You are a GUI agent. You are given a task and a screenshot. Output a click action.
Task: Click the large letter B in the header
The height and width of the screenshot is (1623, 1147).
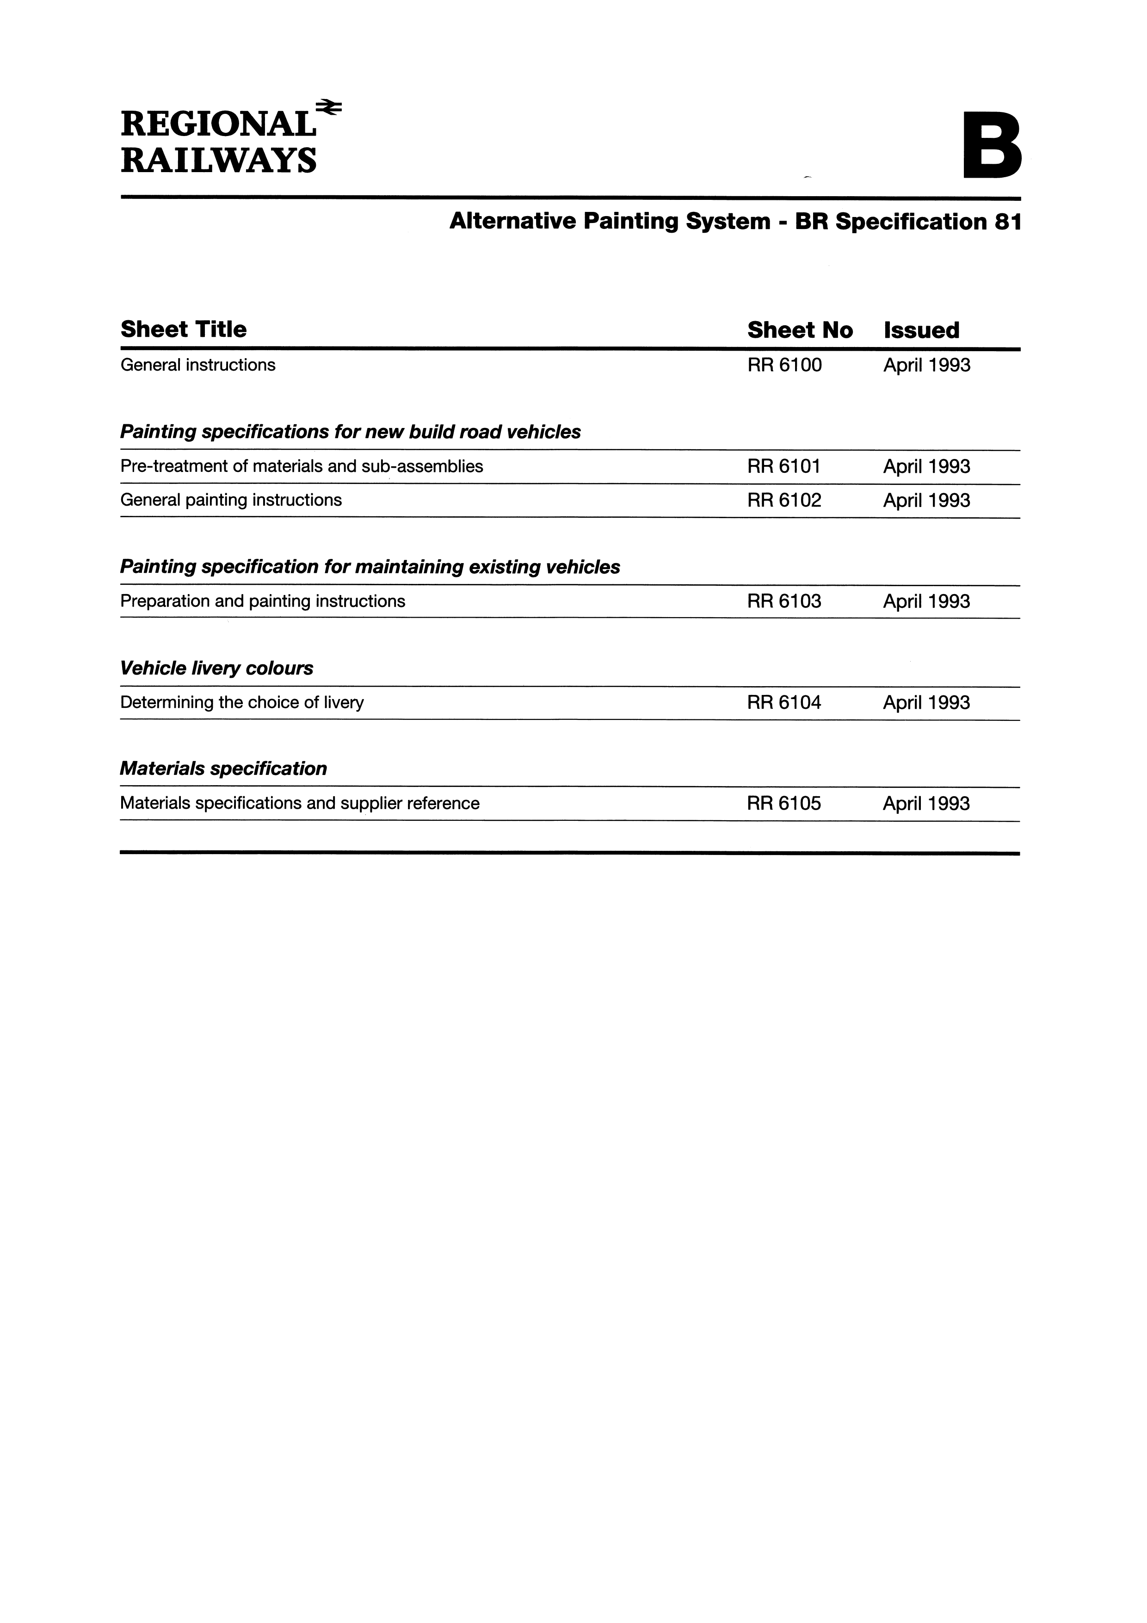pos(992,148)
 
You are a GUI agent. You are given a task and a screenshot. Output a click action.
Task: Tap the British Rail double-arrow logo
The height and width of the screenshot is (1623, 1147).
pos(329,107)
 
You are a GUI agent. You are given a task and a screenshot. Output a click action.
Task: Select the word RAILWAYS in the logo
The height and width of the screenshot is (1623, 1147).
pos(218,161)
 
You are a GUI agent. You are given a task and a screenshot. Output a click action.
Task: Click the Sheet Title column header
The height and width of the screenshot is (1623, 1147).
pos(184,329)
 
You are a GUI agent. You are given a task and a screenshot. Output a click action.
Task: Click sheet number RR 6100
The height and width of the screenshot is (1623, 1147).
pos(784,365)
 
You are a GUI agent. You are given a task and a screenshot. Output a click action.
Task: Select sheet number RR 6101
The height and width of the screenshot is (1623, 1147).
pos(784,466)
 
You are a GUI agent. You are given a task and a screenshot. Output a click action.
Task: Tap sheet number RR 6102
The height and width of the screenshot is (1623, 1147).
pos(784,501)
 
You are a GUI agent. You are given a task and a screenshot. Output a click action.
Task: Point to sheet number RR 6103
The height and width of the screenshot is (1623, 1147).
pos(784,601)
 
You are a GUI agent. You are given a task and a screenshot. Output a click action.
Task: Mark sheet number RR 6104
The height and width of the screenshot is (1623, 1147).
pos(784,703)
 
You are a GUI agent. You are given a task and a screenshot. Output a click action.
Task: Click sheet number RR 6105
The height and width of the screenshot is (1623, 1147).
pos(784,804)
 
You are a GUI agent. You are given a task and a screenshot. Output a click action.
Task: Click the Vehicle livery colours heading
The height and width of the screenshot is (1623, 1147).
pos(217,669)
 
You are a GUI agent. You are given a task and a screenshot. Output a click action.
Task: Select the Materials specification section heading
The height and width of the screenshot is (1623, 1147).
pos(223,769)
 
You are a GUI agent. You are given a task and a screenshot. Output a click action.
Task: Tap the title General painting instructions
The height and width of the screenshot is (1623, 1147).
pos(231,501)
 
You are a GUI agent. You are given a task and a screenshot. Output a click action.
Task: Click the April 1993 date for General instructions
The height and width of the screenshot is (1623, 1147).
pos(926,365)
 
